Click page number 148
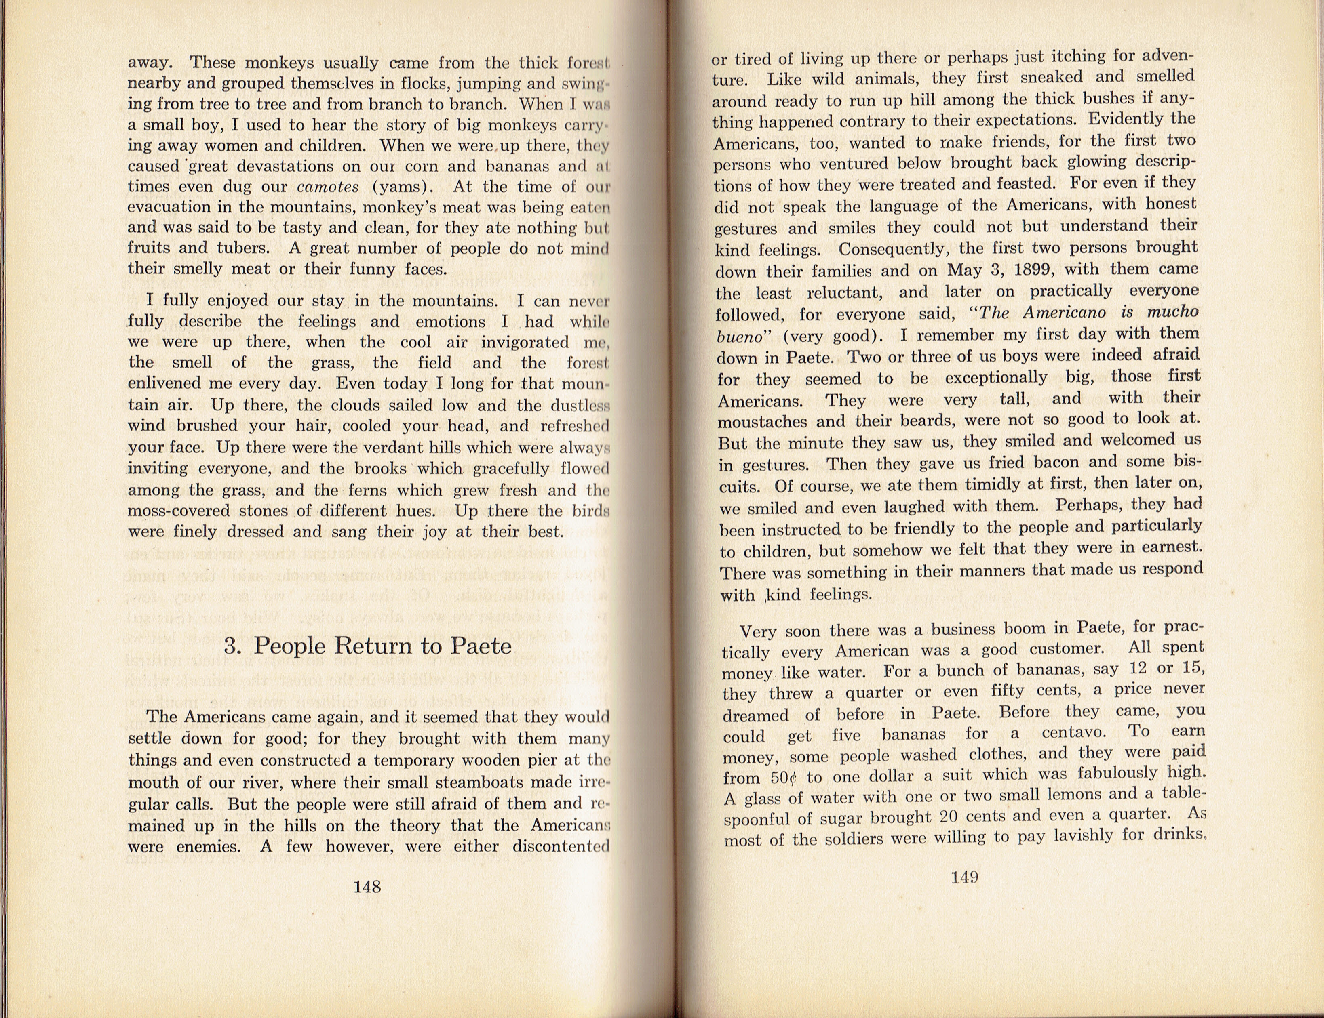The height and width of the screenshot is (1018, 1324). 367,887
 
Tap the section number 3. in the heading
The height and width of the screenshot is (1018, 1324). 234,646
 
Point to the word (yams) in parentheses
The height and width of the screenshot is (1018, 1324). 402,187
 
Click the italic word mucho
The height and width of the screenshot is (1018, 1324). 1172,311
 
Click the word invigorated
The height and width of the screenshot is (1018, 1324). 525,343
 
